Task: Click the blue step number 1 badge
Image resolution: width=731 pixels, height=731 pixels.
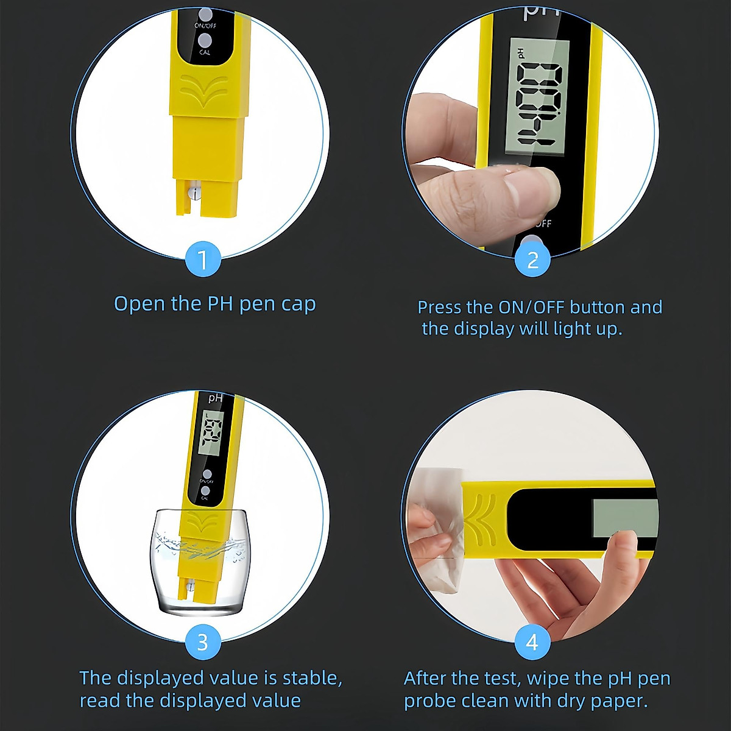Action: pos(203,260)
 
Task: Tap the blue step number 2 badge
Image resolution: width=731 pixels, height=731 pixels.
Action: pos(532,260)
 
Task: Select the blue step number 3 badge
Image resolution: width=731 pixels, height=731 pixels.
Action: pos(203,642)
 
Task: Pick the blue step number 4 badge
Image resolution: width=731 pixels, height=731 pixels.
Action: pos(532,642)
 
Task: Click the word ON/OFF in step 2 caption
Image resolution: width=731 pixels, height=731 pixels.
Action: pos(531,307)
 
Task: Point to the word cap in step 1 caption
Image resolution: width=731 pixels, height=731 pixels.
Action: pos(298,304)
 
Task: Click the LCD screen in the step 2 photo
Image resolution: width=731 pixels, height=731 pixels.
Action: pos(537,97)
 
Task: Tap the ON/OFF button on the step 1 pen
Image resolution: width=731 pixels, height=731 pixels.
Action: pos(205,14)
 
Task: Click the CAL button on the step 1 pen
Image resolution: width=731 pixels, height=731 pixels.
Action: pos(205,41)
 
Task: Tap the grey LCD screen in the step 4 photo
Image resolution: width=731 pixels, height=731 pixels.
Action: pos(624,518)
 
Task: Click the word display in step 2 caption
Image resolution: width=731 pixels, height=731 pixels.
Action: pos(484,329)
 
